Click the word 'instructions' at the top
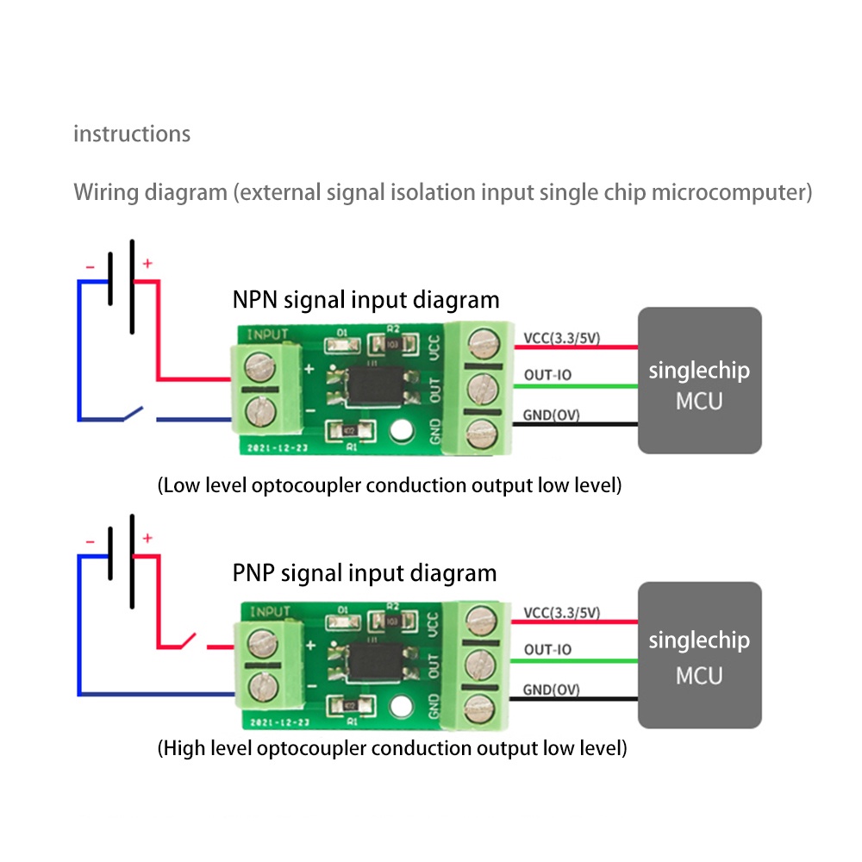(x=132, y=134)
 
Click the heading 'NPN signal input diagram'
(x=365, y=300)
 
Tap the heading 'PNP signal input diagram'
(x=364, y=572)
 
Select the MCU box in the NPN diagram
(x=699, y=380)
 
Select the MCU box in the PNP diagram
(x=699, y=654)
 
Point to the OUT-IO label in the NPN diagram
(x=547, y=376)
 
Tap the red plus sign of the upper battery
(x=147, y=263)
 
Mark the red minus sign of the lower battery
(x=90, y=541)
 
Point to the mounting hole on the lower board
(x=400, y=707)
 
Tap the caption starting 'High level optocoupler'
(x=392, y=747)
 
